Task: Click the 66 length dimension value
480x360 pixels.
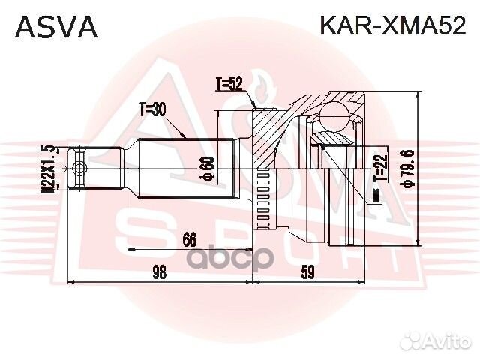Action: (x=189, y=240)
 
